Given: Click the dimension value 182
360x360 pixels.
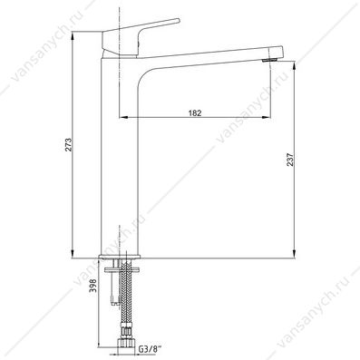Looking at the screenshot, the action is pyautogui.click(x=195, y=113).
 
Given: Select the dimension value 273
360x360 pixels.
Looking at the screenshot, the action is pyautogui.click(x=69, y=145).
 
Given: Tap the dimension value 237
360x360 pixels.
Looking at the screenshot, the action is pyautogui.click(x=290, y=160).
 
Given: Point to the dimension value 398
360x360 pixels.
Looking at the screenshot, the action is pyautogui.click(x=93, y=286).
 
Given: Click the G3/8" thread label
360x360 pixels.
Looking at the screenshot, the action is pyautogui.click(x=147, y=350).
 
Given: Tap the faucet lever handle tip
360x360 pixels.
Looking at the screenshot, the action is pyautogui.click(x=179, y=21).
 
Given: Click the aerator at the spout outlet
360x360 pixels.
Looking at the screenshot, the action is pyautogui.click(x=270, y=60).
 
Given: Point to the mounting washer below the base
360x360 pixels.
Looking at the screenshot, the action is pyautogui.click(x=122, y=268).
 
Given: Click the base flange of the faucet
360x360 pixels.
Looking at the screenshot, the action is pyautogui.click(x=120, y=257).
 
